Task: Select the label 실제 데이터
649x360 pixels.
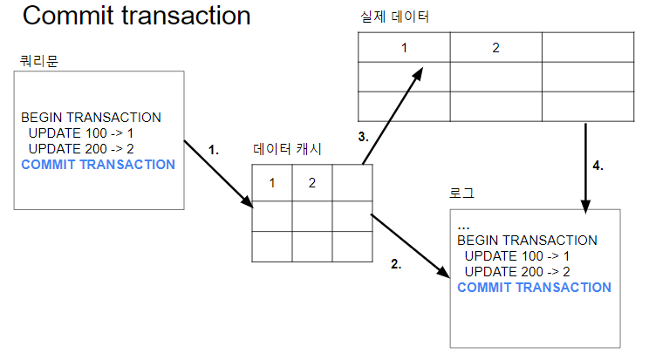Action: (x=394, y=17)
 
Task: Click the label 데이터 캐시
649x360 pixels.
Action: (x=287, y=150)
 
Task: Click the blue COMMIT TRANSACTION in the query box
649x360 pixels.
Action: (x=98, y=165)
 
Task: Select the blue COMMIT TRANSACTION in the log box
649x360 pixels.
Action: (x=534, y=288)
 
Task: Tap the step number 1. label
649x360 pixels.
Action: (x=214, y=150)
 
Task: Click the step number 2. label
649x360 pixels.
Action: (x=396, y=265)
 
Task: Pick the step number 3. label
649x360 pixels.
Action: (x=364, y=137)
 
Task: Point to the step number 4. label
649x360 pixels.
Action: (x=598, y=165)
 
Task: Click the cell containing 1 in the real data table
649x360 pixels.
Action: (x=404, y=47)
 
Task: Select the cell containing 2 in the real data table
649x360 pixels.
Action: (x=495, y=47)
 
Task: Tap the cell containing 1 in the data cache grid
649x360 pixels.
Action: (x=272, y=183)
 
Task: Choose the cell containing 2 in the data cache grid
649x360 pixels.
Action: (x=311, y=183)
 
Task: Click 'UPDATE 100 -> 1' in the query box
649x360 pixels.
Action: (x=80, y=133)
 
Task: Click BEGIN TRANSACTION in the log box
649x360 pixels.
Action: (x=527, y=241)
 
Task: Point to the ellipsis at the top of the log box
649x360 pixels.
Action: (x=463, y=226)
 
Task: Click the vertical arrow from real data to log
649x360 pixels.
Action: (x=585, y=166)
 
